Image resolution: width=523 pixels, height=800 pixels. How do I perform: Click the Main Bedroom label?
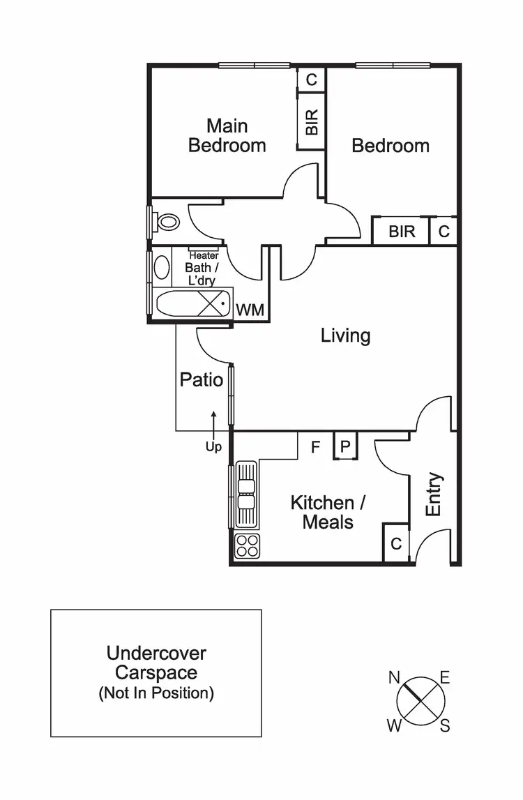click(227, 136)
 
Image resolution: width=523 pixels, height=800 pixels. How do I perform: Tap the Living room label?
click(345, 335)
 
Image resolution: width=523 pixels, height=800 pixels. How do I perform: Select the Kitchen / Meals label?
click(328, 512)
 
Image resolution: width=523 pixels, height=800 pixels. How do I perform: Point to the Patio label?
click(202, 379)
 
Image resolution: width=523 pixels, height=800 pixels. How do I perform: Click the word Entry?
click(434, 495)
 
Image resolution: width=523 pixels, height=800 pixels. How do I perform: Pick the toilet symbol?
click(167, 222)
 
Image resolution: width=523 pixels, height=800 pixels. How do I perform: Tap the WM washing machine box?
click(250, 310)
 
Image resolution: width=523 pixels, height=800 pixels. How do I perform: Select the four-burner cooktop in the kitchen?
click(246, 545)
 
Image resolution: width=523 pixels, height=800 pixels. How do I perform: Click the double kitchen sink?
click(246, 494)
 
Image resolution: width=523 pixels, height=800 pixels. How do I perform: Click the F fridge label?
click(315, 447)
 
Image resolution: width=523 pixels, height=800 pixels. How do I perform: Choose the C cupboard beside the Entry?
click(396, 543)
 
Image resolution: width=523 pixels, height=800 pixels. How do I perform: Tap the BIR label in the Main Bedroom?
click(312, 123)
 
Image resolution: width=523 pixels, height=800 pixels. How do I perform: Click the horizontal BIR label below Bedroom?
click(402, 232)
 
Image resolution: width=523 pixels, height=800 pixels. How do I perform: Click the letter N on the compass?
click(394, 677)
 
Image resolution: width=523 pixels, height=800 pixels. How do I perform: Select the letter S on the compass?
click(445, 726)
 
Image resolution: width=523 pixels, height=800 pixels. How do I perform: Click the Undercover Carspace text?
click(156, 663)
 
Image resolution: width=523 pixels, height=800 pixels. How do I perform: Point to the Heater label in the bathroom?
click(204, 255)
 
